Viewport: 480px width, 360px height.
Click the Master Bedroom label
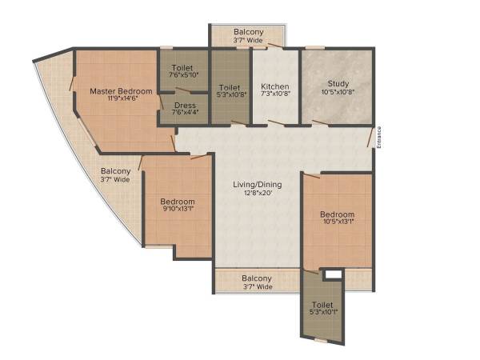coord(121,91)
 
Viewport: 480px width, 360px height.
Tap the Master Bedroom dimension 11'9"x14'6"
coord(121,100)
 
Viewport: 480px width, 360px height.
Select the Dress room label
coord(184,104)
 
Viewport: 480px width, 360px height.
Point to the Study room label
coord(337,84)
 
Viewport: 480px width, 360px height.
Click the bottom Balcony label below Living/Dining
coord(256,278)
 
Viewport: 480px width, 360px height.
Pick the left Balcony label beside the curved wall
coord(115,171)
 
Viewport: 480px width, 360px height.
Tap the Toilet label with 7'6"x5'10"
coord(184,69)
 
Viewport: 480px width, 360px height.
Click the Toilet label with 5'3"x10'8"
coord(230,86)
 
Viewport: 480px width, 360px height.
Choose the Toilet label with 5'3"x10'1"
coord(322,305)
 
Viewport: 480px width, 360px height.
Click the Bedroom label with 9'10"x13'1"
coord(177,201)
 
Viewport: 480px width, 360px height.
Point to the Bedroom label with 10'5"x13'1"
coord(337,214)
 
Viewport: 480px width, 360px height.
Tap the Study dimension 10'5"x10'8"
coord(337,93)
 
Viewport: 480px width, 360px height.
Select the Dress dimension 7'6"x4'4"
coord(184,113)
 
